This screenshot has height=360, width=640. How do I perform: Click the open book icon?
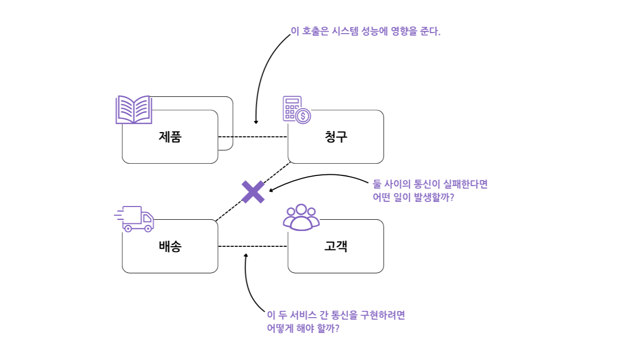click(134, 110)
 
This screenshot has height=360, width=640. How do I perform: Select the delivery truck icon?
click(135, 219)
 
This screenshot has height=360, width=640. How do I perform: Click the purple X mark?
click(253, 192)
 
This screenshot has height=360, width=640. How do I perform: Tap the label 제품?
click(170, 137)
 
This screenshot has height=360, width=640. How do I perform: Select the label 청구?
click(336, 137)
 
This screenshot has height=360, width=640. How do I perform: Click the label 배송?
click(170, 246)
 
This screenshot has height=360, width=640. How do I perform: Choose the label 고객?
click(336, 246)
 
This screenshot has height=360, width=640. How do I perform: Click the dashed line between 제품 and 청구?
click(253, 137)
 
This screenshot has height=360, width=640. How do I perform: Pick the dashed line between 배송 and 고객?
click(253, 246)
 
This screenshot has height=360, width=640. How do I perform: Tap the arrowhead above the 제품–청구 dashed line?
click(256, 122)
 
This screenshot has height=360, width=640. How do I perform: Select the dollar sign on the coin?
click(303, 116)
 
